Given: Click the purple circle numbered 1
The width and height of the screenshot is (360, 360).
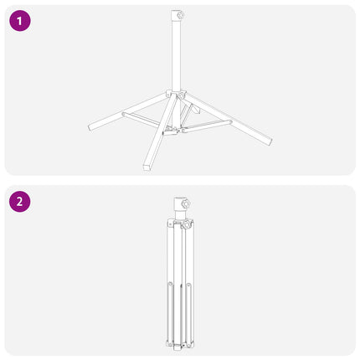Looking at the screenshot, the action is [20, 21].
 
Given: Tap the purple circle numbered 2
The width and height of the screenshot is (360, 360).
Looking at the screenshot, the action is [20, 202].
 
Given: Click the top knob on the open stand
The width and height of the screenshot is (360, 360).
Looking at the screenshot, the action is [180, 15].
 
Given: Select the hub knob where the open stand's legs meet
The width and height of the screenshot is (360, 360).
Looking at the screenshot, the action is [182, 95].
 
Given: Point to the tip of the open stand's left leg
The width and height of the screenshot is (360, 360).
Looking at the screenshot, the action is [90, 127].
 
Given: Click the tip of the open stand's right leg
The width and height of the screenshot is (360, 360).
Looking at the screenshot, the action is [270, 141].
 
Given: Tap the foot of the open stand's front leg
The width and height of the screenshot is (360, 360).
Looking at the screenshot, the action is [147, 167].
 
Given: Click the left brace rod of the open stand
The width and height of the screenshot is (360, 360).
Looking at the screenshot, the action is [141, 119].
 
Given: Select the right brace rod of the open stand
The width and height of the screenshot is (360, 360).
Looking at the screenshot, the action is [207, 126].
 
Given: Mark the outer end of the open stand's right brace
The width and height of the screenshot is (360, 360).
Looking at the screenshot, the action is [230, 121].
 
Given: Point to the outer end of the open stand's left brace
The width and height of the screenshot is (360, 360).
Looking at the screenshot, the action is [124, 114].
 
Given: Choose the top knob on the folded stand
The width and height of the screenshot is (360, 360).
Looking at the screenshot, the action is [185, 203].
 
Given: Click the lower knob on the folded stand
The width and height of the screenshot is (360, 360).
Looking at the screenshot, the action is [187, 224].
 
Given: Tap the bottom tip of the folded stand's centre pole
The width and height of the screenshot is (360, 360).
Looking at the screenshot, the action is [177, 349].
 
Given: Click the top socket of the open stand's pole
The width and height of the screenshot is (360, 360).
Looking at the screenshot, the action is [175, 15].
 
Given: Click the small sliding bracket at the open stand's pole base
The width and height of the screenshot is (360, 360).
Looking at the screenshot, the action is [170, 131].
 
